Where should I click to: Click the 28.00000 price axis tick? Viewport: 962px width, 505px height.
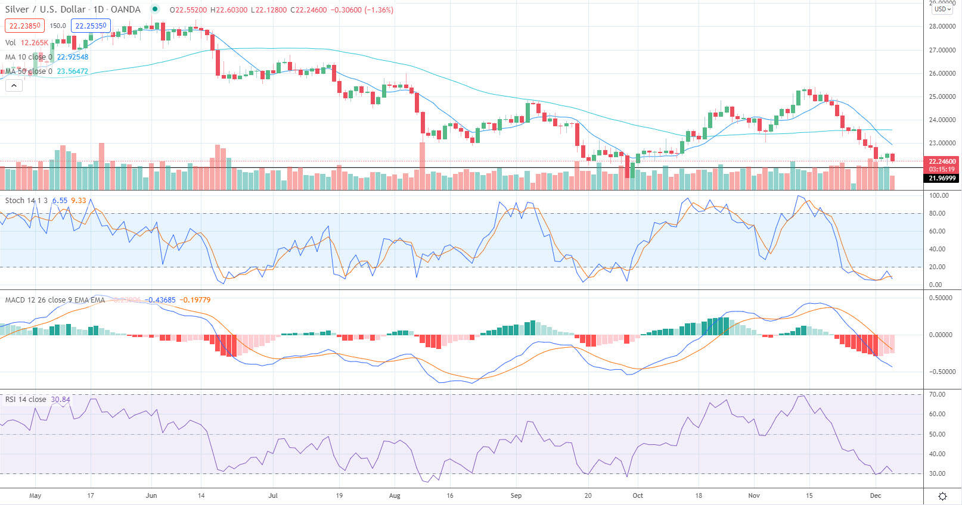coord(942,27)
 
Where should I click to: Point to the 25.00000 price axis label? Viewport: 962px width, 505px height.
coord(942,96)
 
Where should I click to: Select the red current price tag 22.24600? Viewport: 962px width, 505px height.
coord(942,161)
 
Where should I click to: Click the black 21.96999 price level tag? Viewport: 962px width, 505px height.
coord(942,178)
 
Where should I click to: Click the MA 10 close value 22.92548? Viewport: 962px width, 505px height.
coord(72,57)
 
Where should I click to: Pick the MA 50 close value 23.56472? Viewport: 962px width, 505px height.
coord(72,71)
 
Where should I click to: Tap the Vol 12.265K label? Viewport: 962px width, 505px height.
coord(26,43)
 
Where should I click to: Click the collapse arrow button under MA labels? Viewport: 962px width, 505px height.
coord(14,86)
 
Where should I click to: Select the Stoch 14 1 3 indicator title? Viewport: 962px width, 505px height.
coord(26,201)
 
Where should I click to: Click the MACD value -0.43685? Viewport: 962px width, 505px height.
coord(160,300)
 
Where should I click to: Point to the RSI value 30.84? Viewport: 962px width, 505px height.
coord(60,400)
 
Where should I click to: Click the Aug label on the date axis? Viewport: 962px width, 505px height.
coord(394,495)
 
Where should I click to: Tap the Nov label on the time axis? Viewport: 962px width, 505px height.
coord(754,495)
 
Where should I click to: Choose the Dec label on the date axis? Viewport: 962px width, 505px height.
coord(875,495)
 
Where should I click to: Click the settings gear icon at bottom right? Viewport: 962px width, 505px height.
coord(942,496)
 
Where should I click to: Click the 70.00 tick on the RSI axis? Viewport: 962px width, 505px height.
coord(938,394)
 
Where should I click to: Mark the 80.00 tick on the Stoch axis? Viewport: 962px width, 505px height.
coord(938,213)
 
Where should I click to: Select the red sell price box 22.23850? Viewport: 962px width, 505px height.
coord(24,26)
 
